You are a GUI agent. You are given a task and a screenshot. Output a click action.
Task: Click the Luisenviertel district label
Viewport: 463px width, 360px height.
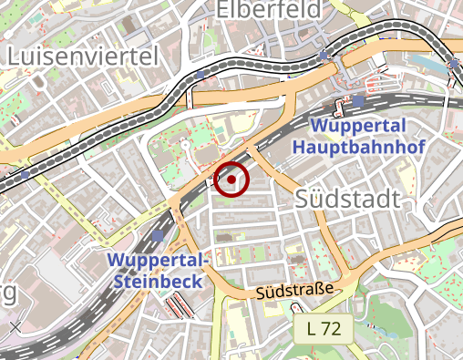(x=83, y=56)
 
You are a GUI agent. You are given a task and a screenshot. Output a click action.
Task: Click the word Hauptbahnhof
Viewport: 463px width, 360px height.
(x=354, y=146)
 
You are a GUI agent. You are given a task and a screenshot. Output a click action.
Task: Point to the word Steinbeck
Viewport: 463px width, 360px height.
(x=159, y=282)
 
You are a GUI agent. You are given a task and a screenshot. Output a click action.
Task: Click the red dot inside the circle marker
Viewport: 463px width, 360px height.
(x=231, y=180)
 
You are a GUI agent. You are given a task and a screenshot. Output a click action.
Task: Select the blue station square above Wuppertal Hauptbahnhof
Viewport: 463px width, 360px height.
(x=359, y=100)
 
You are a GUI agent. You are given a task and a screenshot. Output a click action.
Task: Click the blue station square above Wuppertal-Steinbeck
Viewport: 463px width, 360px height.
(x=159, y=236)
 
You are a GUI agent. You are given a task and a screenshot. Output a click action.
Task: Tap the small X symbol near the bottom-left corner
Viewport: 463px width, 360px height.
(x=15, y=325)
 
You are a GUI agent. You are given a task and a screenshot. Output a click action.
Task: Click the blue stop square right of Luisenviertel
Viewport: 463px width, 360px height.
(x=201, y=75)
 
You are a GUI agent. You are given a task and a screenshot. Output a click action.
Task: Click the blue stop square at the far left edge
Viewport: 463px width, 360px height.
(x=26, y=172)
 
